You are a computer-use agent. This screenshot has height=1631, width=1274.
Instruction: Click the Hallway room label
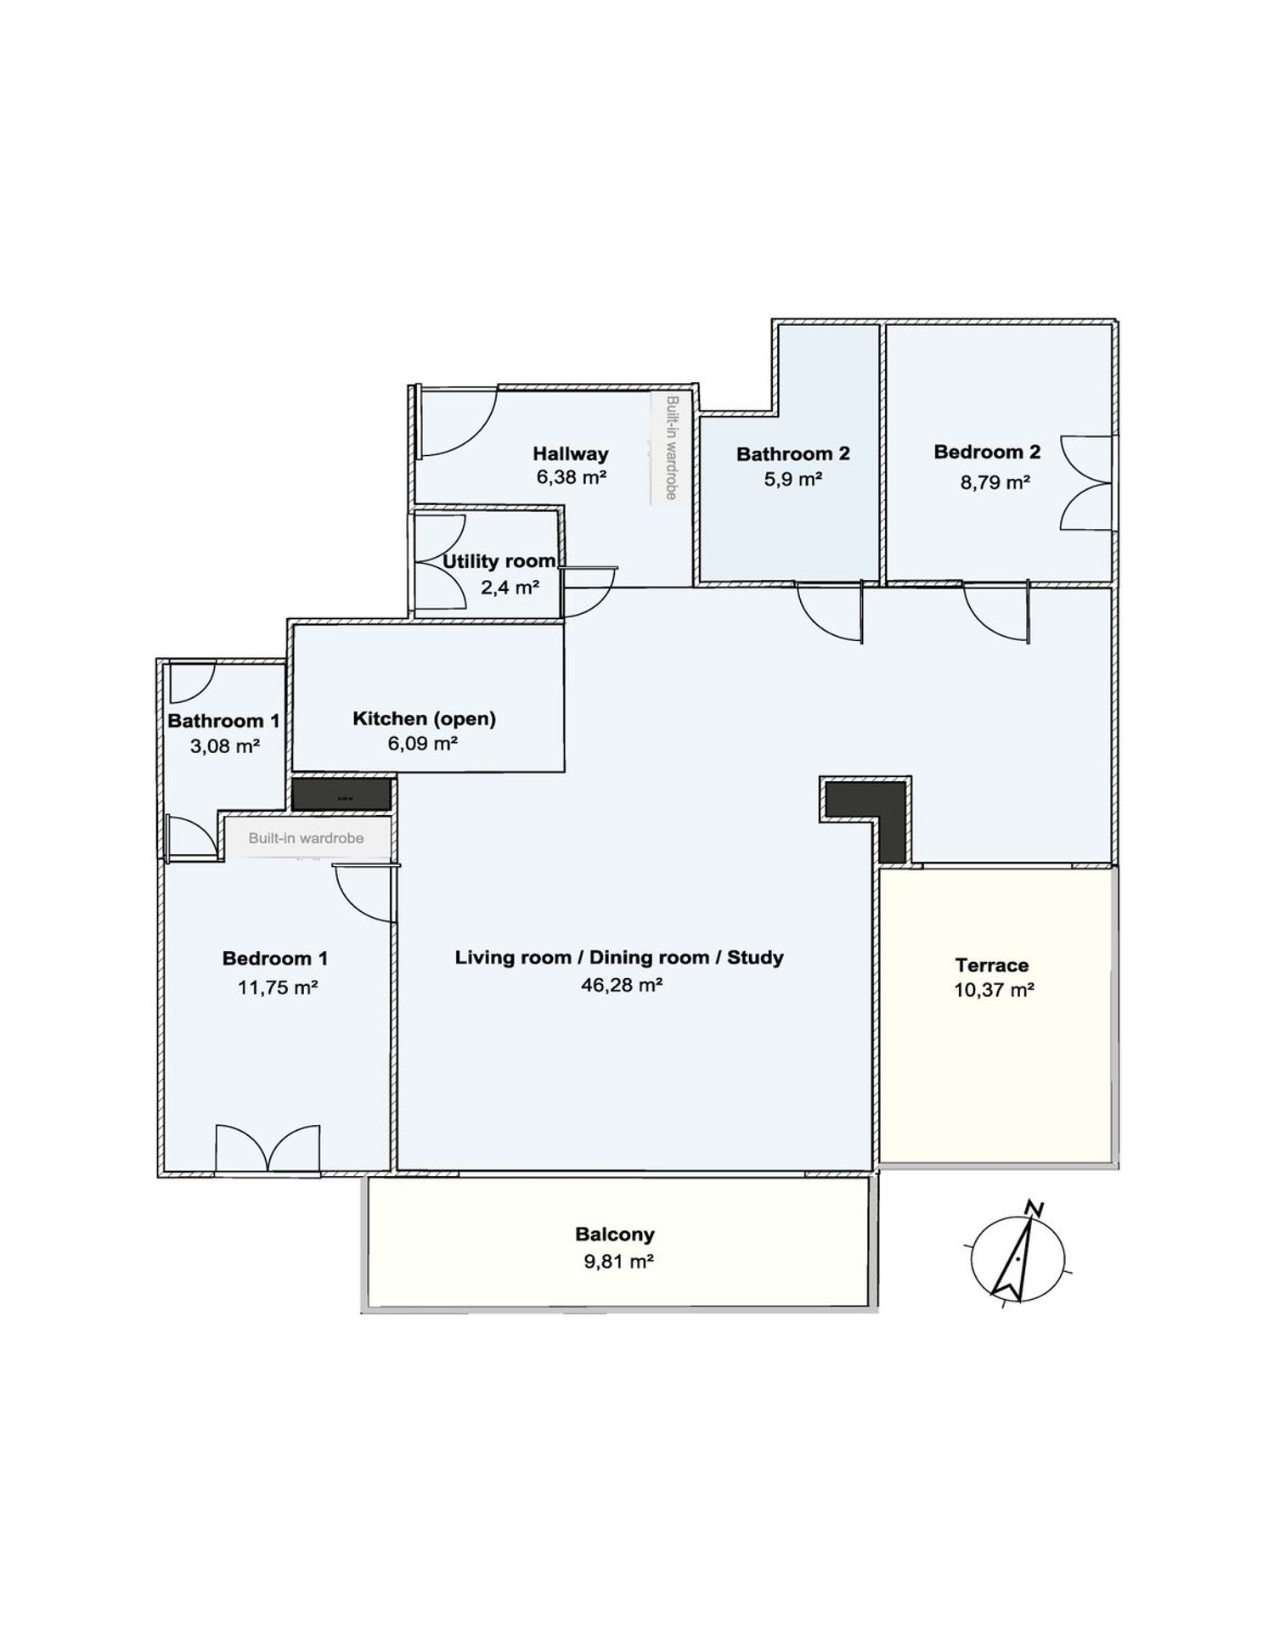click(x=570, y=453)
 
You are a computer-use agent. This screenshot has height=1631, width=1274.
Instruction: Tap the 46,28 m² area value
click(x=621, y=985)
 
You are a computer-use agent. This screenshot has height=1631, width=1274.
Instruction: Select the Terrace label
click(x=991, y=965)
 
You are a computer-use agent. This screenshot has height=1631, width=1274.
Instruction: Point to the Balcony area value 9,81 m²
click(x=617, y=1261)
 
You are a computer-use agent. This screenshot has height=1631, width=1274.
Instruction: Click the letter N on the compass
click(x=1034, y=1208)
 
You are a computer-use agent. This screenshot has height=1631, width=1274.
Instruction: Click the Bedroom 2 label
click(x=987, y=452)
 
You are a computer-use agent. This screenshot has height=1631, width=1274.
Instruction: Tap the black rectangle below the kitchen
click(x=341, y=795)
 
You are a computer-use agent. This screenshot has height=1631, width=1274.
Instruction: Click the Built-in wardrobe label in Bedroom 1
click(x=306, y=838)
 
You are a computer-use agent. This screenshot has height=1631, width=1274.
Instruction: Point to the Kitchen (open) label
click(x=424, y=718)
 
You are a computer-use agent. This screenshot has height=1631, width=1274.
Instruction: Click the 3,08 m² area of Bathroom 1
click(x=224, y=746)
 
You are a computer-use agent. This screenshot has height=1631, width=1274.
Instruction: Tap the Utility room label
click(x=499, y=561)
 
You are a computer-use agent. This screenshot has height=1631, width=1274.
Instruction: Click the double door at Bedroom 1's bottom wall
click(x=268, y=1149)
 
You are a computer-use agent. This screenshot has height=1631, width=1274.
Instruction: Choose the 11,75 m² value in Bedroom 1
click(x=278, y=987)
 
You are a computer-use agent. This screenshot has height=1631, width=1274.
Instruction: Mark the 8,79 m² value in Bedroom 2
click(x=995, y=482)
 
